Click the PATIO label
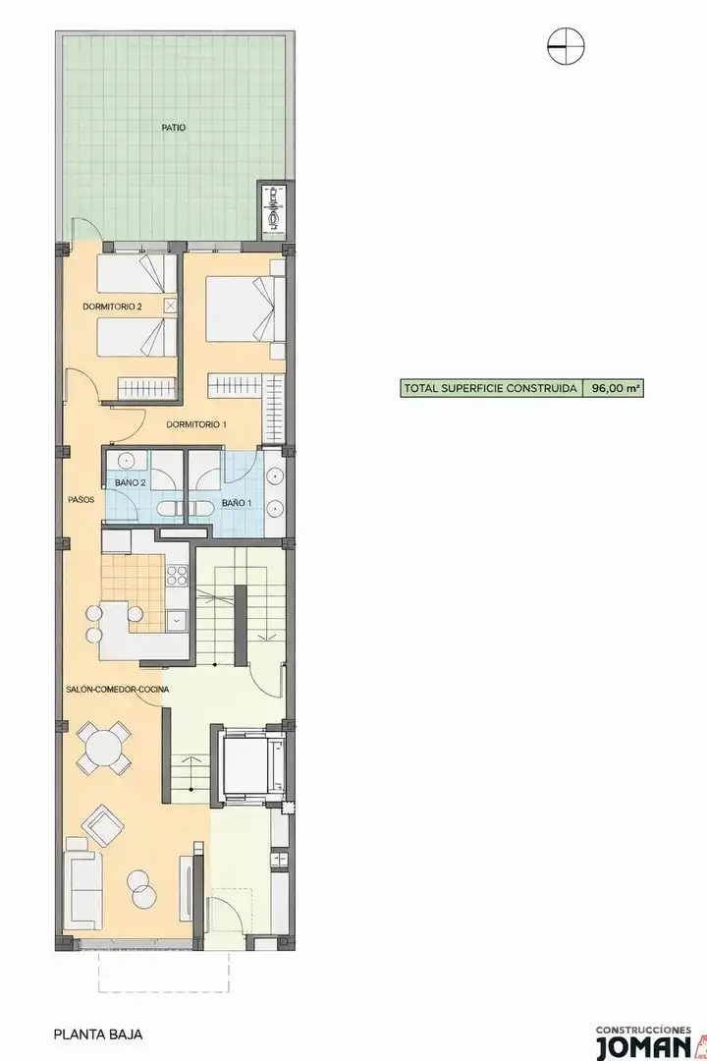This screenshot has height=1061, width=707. point(173,127)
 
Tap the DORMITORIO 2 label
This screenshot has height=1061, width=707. point(112,307)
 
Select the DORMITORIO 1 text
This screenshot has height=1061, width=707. point(196,425)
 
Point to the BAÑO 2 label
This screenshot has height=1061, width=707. point(131,482)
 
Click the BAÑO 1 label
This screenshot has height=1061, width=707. point(237,503)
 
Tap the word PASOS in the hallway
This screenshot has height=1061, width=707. point(81,500)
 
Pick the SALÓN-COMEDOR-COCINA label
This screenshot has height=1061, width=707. point(118,690)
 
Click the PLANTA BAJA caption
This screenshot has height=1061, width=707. point(98,1034)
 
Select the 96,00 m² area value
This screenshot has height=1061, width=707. point(616,388)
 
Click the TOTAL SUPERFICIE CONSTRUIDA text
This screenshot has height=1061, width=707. point(491,388)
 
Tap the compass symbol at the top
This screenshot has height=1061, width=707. point(566,47)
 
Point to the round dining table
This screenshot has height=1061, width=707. point(104,749)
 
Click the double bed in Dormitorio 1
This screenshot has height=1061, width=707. point(245,309)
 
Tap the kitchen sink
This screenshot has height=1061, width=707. point(178,620)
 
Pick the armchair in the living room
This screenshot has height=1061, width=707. point(103,825)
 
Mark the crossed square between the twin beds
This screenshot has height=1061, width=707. point(171,307)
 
